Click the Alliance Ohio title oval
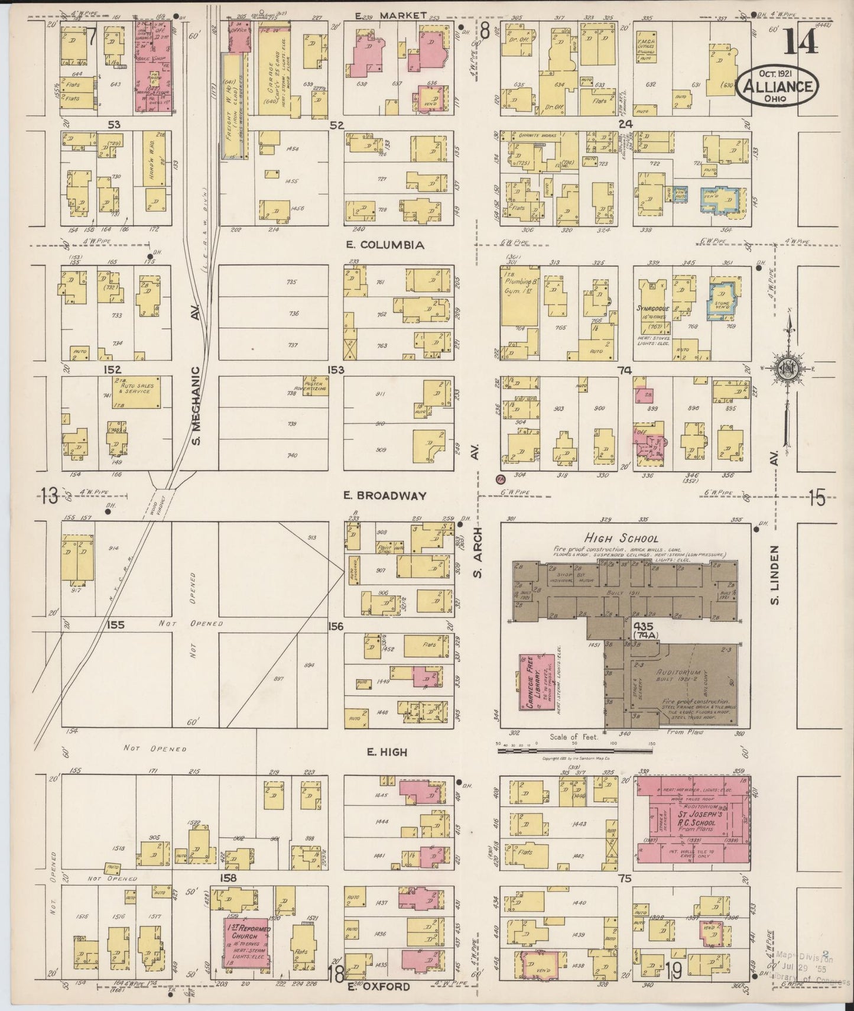coord(778,86)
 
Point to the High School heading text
coord(613,538)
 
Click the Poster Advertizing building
coord(314,384)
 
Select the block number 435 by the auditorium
coord(643,626)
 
